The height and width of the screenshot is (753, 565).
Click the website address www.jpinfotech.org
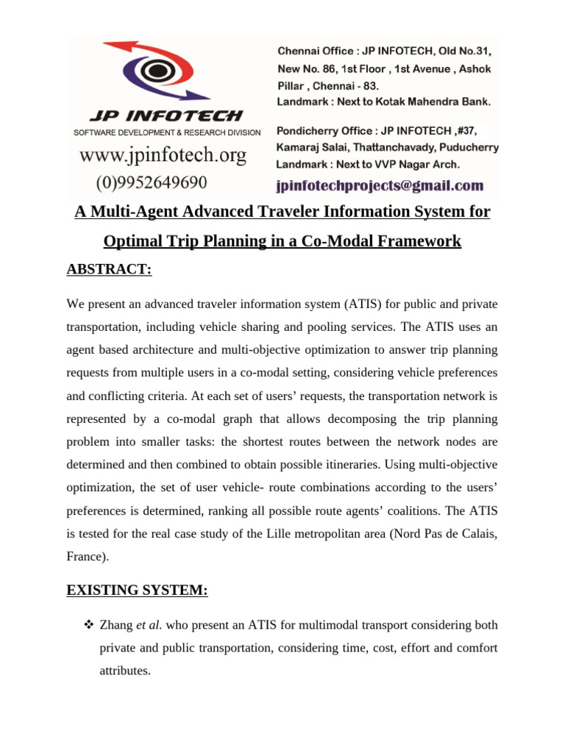click(x=163, y=156)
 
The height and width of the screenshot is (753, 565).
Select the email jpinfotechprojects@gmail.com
click(x=380, y=185)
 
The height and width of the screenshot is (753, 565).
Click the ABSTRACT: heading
click(x=109, y=269)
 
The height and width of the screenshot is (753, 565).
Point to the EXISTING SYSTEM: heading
click(x=138, y=590)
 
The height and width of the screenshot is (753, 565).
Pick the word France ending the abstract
click(x=85, y=557)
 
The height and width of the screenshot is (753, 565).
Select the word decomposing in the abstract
click(x=332, y=419)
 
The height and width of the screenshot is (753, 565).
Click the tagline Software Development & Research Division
click(x=166, y=132)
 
